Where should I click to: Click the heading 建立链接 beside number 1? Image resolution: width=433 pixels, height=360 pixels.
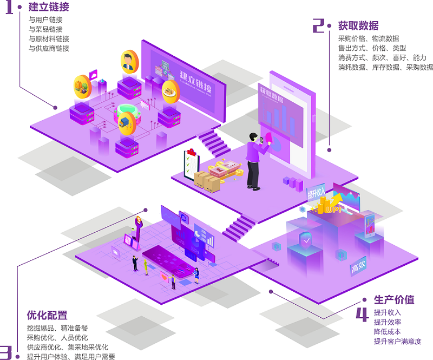[49, 7]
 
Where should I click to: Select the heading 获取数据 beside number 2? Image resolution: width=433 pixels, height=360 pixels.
[358, 25]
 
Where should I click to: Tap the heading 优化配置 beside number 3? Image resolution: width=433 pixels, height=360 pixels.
[47, 315]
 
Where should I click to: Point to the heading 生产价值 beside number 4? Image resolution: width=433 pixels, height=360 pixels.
[394, 299]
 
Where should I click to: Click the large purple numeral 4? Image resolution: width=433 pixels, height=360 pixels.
[362, 314]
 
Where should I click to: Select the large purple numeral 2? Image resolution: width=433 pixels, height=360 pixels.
[319, 25]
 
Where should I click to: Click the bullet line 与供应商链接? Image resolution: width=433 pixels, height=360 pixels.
[49, 49]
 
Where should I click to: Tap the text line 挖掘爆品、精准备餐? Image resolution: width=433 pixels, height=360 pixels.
[57, 328]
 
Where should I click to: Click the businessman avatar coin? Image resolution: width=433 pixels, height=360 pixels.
[129, 62]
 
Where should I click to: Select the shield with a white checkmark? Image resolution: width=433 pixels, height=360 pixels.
[306, 239]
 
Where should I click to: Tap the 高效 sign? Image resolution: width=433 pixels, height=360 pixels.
[358, 267]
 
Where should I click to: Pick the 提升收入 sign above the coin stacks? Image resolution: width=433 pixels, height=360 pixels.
[317, 192]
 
